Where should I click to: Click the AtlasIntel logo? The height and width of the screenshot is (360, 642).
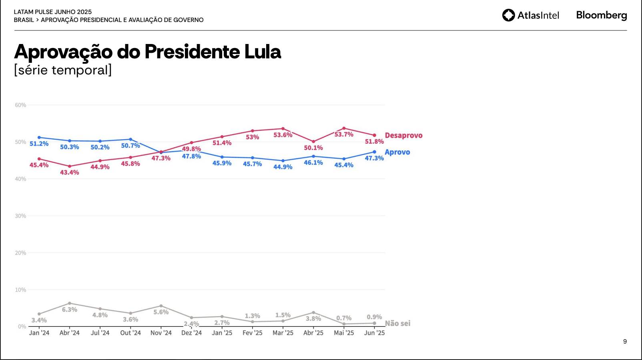(x=530, y=15)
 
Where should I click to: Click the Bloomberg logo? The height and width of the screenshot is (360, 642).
(x=601, y=15)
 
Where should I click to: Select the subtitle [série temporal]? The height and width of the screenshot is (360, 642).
(x=63, y=70)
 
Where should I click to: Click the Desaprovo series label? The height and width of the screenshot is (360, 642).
(x=403, y=136)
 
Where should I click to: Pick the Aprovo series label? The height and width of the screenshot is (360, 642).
(x=397, y=152)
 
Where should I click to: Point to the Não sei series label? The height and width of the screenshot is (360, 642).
(x=397, y=323)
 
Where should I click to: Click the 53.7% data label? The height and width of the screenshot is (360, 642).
(x=344, y=134)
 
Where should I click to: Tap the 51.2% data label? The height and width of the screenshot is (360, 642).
(x=39, y=144)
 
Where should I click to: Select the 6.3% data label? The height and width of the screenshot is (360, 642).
(x=69, y=310)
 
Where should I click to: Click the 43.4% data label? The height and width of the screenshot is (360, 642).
(x=69, y=172)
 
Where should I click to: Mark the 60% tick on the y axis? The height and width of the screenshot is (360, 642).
(x=20, y=105)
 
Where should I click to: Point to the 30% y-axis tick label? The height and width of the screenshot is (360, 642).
(x=20, y=216)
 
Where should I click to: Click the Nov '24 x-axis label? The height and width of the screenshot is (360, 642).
(x=161, y=333)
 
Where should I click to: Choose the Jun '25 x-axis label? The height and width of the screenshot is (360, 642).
(x=374, y=333)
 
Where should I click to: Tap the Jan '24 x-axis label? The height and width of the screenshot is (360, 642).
(x=39, y=333)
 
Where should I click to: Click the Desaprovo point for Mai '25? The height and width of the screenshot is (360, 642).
(x=344, y=128)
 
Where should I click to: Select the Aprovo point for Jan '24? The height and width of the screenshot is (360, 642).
(x=39, y=138)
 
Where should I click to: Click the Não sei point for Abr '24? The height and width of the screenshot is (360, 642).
(x=69, y=303)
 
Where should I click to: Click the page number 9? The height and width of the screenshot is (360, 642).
(x=625, y=342)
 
